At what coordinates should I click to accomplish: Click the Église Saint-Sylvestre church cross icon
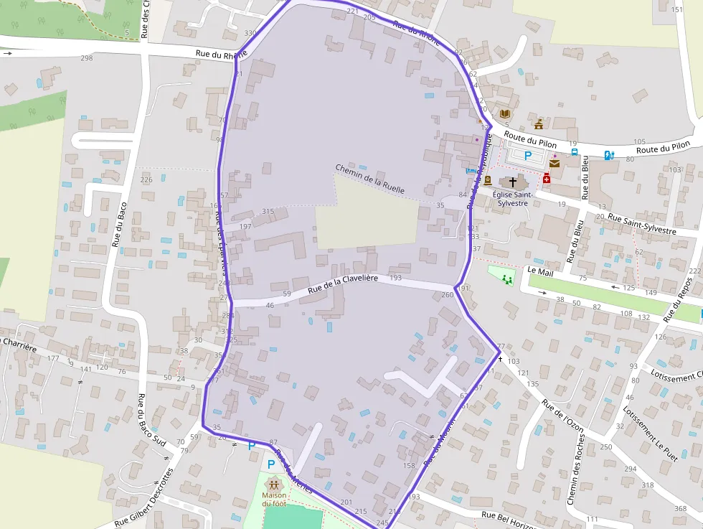pos(512,182)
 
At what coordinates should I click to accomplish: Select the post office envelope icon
pos(554,164)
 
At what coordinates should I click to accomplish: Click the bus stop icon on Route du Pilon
pos(574,152)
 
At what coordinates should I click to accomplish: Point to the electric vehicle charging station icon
pos(609,155)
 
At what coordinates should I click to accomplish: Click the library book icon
pos(504,114)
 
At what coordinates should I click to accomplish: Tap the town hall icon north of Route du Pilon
pos(539,124)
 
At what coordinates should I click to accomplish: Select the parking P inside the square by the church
pos(528,155)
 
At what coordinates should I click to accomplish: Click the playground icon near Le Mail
pos(508,278)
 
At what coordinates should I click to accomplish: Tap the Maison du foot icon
pos(274,484)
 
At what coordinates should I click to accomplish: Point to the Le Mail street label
pos(541,271)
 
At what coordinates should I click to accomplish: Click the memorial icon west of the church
pos(488,180)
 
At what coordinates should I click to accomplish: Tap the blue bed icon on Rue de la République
pos(471,170)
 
